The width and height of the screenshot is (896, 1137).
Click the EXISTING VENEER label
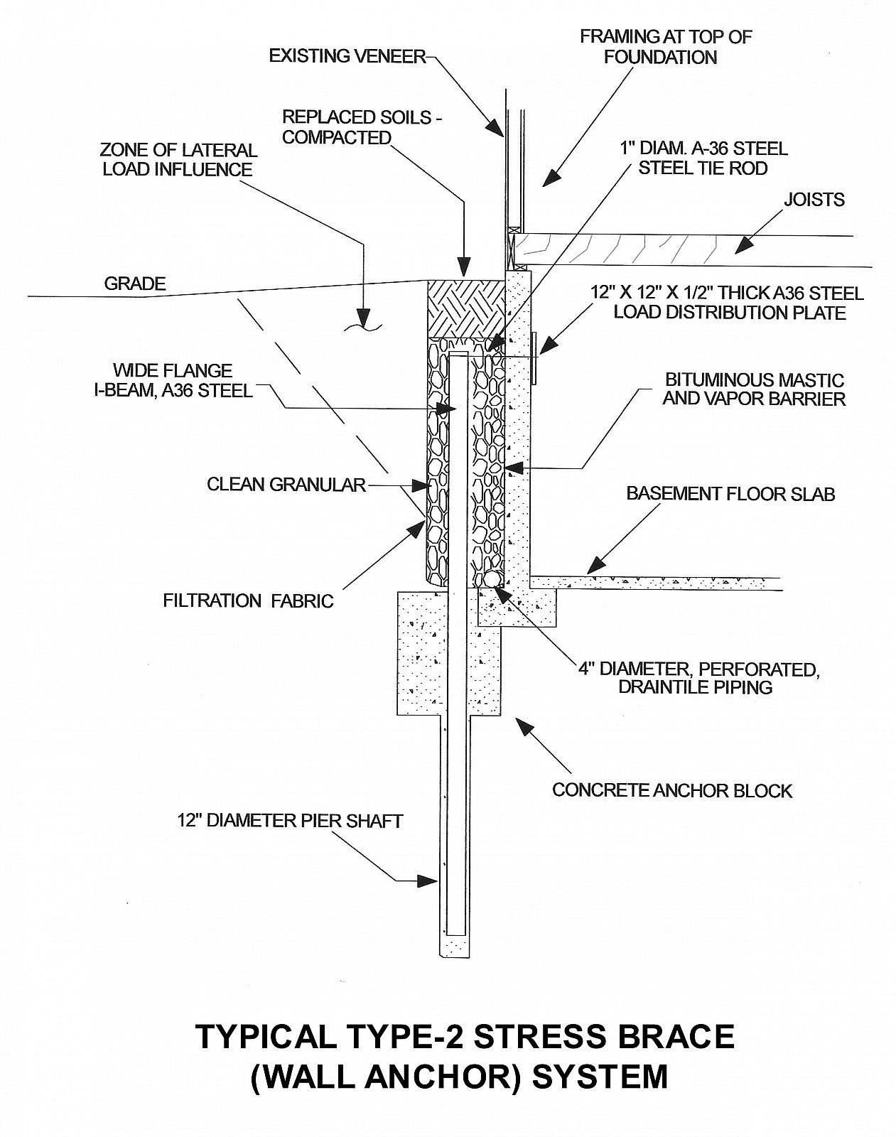point(346,56)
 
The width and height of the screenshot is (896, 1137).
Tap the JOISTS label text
point(814,200)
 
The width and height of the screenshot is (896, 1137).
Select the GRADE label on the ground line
point(134,284)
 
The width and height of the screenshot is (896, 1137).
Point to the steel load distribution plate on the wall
point(534,355)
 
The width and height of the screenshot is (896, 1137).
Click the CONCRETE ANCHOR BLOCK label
point(671,790)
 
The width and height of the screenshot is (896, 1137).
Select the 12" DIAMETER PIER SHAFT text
point(290,821)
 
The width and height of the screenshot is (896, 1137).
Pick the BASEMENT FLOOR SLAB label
point(730,494)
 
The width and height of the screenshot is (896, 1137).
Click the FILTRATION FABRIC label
point(248,600)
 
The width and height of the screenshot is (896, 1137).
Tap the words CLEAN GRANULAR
point(286,485)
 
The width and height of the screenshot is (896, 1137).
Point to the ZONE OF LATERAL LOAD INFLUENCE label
point(178,160)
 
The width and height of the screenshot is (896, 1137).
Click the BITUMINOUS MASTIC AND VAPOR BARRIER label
point(753,389)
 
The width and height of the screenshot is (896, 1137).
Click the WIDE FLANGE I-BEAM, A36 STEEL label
point(183,380)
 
